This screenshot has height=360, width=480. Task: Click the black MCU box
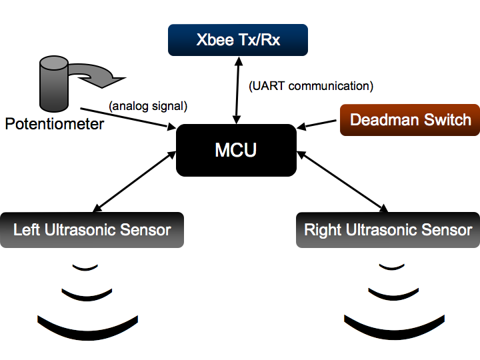tap(236, 150)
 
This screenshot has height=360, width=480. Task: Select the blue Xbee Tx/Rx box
tap(238, 39)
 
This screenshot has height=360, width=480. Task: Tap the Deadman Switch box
tap(410, 120)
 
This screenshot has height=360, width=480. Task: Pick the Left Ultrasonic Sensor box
tap(92, 230)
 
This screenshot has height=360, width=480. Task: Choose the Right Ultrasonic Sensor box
tap(387, 230)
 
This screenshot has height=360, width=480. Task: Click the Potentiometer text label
tap(54, 124)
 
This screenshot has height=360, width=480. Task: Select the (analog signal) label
tap(147, 105)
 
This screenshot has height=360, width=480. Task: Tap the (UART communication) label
tap(311, 86)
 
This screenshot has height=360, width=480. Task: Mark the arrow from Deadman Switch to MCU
tap(319, 124)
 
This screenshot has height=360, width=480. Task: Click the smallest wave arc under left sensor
tap(85, 267)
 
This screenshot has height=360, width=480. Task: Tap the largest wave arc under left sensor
tap(87, 326)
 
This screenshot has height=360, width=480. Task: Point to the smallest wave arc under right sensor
tap(392, 267)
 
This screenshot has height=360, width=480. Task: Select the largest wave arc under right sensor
tap(393, 326)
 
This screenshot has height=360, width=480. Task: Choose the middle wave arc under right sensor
tap(392, 293)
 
